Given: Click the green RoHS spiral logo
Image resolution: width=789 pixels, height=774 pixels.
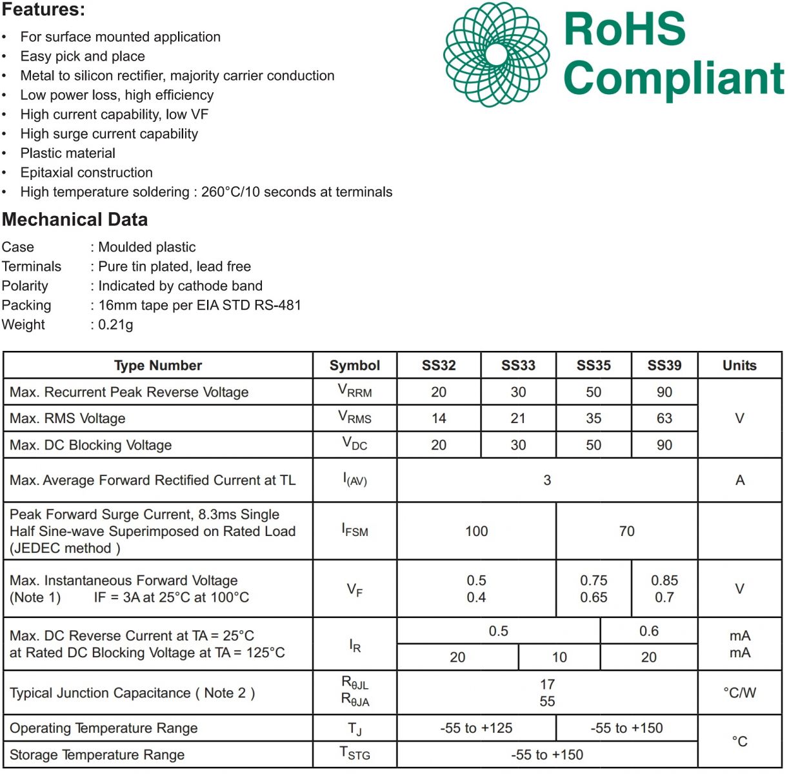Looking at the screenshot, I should tap(496, 54).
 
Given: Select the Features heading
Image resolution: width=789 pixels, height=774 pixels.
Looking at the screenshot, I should tap(43, 10).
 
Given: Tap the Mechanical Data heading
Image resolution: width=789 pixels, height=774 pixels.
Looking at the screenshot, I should tap(75, 219).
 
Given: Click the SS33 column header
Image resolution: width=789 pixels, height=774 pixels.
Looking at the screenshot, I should tap(518, 366).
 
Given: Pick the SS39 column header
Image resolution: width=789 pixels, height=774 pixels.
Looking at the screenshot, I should tap(664, 366).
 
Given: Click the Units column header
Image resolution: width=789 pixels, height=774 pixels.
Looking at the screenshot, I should tap(739, 366).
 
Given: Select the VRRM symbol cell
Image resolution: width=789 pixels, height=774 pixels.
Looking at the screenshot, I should tap(355, 392).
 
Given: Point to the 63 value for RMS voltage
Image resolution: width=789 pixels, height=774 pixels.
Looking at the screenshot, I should tap(664, 419).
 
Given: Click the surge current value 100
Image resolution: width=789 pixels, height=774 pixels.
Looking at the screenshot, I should tap(476, 531).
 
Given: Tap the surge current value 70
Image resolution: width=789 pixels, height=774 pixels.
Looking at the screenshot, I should tap(626, 531).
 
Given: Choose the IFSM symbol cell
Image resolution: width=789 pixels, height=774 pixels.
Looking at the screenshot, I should tap(355, 531).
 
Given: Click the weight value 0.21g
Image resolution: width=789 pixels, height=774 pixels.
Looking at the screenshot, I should tap(116, 324).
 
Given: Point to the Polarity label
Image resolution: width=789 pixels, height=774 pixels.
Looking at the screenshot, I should tap(25, 286).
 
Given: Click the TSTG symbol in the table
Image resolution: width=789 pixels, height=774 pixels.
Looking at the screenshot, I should tap(355, 754).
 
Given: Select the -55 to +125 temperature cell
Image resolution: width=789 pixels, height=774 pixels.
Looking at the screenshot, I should tap(476, 728).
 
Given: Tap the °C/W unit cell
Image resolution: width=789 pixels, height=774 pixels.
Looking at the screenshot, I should tap(739, 693).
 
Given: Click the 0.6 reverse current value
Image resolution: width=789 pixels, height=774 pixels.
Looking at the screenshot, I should tap(648, 631).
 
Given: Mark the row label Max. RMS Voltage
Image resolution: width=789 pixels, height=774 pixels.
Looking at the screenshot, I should tap(68, 419).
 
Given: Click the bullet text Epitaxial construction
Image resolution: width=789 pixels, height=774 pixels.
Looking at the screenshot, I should tap(86, 173).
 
